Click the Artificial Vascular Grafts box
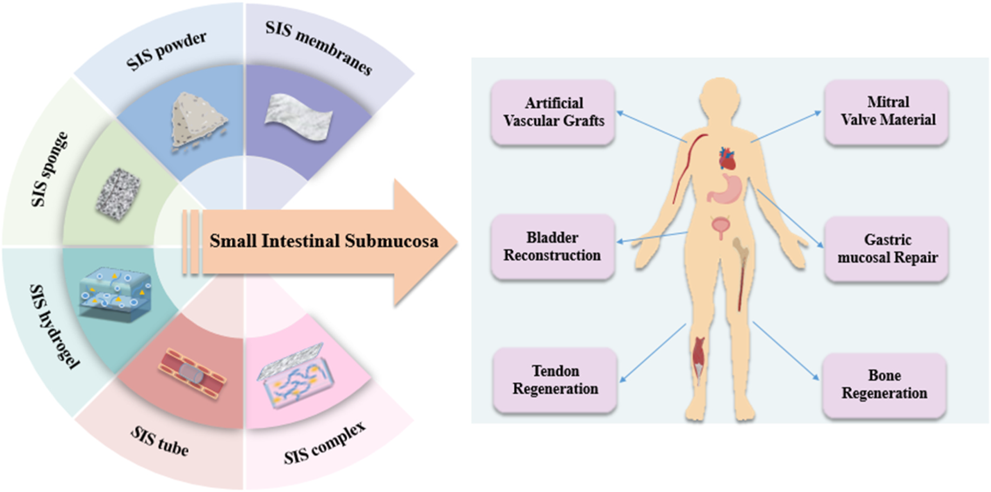tap(553, 112)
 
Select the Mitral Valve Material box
tap(887, 111)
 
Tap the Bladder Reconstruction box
tap(552, 246)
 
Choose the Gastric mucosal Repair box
tap(887, 248)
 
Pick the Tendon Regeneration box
tap(555, 380)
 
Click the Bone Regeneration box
tap(884, 384)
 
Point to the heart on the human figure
tap(726, 158)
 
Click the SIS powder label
tap(166, 51)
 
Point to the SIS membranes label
tap(319, 48)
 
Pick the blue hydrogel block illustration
tap(114, 292)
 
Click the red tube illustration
tap(191, 373)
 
